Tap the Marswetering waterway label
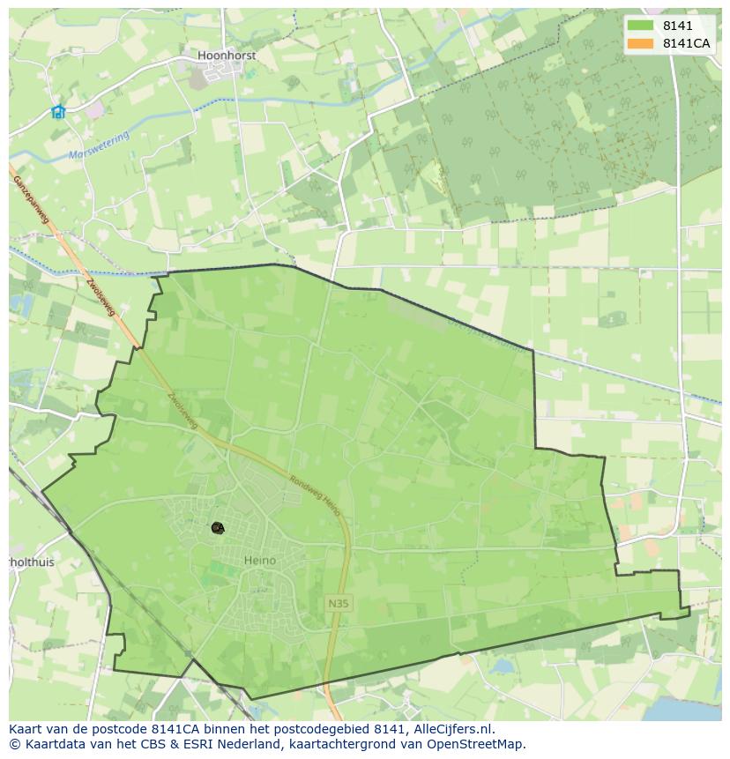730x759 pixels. pos(99,145)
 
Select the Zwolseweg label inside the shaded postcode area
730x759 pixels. pos(181,409)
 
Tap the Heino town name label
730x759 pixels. pos(259,560)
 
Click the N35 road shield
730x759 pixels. pos(337,604)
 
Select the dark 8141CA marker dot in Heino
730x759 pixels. pos(217,527)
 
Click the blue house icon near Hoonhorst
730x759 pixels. pos(58,111)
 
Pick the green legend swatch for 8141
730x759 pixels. pos(640,26)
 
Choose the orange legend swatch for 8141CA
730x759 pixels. pos(640,43)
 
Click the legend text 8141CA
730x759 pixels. pos(687,43)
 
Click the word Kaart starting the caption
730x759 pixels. pos(26,729)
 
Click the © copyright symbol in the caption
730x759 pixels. pos(15,744)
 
